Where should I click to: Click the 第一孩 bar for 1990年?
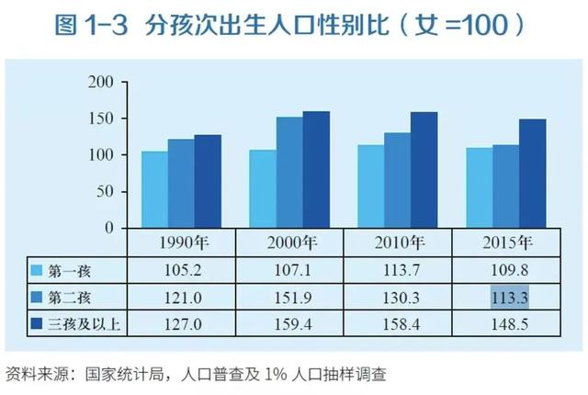click(x=153, y=189)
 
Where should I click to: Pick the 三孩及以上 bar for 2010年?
click(x=424, y=170)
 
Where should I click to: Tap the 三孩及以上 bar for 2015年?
click(x=532, y=174)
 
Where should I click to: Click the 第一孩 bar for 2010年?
click(x=370, y=186)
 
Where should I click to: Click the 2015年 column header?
click(x=505, y=243)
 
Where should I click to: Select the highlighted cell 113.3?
click(x=506, y=297)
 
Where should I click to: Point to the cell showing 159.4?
click(x=289, y=323)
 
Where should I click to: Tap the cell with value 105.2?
click(x=181, y=271)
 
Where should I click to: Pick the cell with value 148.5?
click(x=506, y=323)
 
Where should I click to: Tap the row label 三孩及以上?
click(x=83, y=323)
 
